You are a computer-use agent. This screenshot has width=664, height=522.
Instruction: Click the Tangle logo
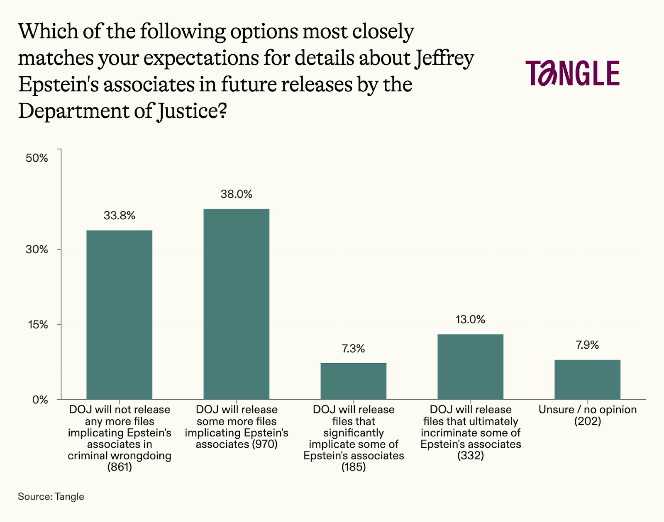[x=572, y=73]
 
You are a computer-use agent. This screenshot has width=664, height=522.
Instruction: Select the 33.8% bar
[x=119, y=315]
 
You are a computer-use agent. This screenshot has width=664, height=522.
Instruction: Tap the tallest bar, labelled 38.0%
[x=236, y=304]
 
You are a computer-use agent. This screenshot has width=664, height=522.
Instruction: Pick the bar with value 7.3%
[x=353, y=381]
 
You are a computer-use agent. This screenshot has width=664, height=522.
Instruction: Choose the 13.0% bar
[x=470, y=367]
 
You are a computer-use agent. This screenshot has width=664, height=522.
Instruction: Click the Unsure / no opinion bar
[x=587, y=379]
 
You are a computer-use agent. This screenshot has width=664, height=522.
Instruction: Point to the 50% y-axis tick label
[x=37, y=158]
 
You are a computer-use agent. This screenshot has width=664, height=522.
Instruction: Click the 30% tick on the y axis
[x=37, y=249]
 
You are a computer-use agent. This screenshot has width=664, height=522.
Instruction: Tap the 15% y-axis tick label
[x=38, y=325]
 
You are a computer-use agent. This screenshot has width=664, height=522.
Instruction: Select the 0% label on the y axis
[x=40, y=400]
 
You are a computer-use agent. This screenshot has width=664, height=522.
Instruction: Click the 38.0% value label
[x=236, y=194]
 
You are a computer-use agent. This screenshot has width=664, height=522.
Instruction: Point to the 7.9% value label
[x=587, y=345]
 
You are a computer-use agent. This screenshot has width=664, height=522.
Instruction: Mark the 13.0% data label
[x=470, y=319]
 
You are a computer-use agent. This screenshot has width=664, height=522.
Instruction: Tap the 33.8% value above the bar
[x=119, y=216]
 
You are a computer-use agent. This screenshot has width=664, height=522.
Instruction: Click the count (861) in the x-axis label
[x=120, y=467]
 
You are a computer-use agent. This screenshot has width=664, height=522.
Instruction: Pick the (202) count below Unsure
[x=587, y=421]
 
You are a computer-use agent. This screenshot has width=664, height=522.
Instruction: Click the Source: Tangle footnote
[x=51, y=497]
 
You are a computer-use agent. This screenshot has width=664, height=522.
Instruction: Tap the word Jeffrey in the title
[x=444, y=58]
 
